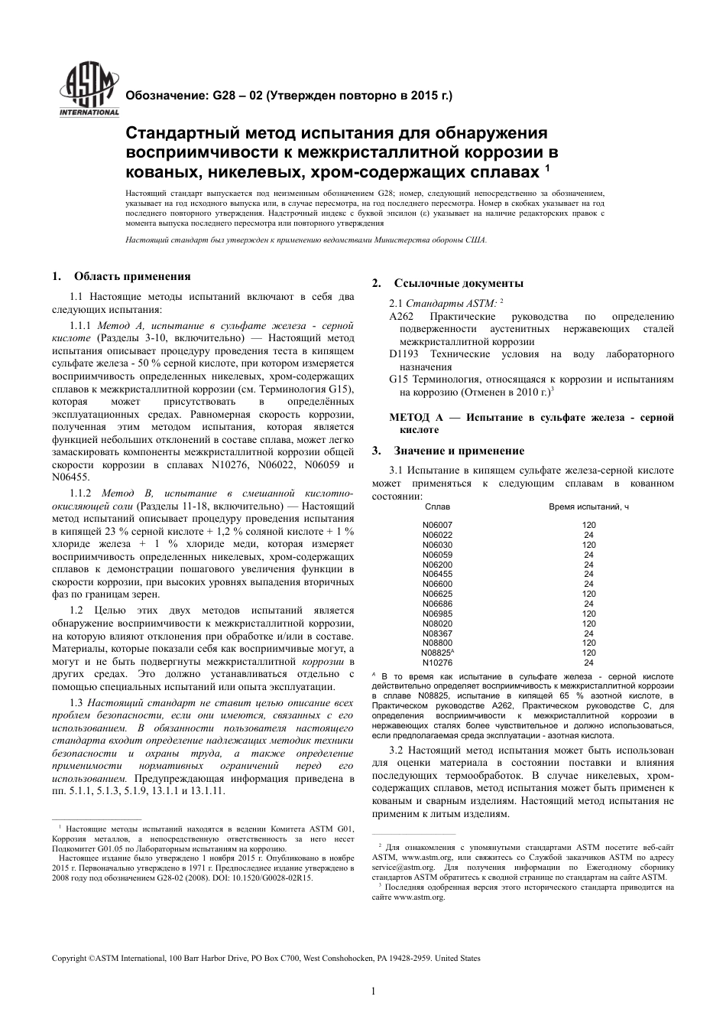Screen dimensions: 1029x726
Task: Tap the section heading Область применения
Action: pos(131,276)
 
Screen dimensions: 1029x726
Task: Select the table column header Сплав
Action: pos(437,506)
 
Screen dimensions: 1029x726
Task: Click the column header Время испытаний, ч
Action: pos(588,506)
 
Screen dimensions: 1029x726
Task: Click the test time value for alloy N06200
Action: pos(588,565)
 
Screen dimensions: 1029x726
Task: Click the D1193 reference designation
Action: pos(404,354)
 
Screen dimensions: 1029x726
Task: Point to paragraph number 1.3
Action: pos(76,702)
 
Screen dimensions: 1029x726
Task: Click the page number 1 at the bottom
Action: pos(373,992)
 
